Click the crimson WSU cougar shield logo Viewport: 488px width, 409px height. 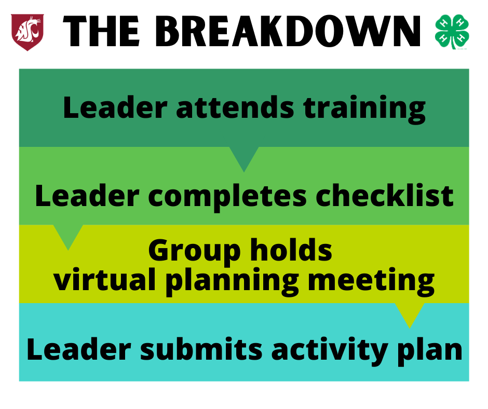coord(28,32)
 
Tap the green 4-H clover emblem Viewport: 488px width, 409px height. coord(452,32)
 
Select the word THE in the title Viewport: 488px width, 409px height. coord(101,32)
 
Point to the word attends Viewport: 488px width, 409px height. coord(235,107)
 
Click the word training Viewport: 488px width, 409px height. coord(364,110)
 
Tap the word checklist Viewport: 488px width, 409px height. coord(385,196)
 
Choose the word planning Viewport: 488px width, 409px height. coord(232,281)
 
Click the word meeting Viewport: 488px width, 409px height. coord(371,281)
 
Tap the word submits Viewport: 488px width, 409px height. coord(201,349)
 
